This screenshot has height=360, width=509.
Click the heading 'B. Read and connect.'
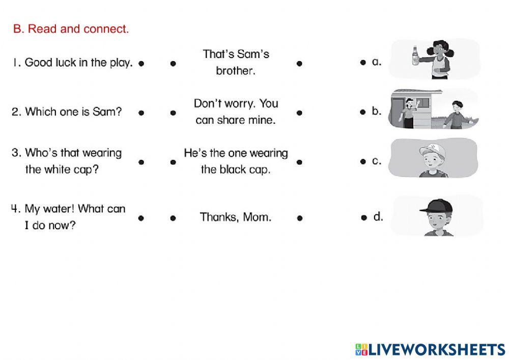coord(71,29)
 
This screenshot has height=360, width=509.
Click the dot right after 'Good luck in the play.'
coord(142,64)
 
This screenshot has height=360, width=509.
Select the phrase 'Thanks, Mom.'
coord(236,217)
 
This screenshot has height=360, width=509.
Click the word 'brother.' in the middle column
coord(235,71)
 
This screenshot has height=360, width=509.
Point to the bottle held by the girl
coord(415,55)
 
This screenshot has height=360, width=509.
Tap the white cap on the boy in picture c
coord(432,151)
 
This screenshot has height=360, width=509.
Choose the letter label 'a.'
coord(377,62)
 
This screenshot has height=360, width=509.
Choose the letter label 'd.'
coord(378,217)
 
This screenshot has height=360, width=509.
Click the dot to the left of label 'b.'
coord(363,112)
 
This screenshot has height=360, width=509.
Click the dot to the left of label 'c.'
coord(363,162)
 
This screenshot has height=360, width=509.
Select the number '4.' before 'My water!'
coord(16,209)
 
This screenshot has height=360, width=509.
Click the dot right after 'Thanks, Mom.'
coord(299,218)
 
